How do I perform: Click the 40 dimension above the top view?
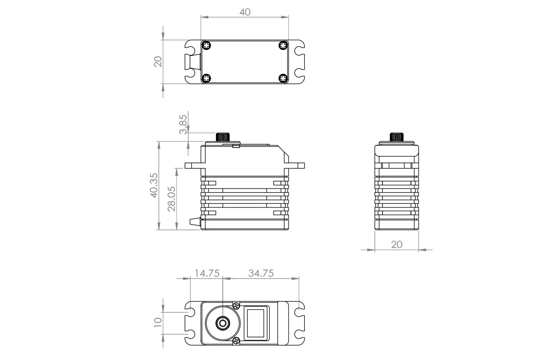[245, 12]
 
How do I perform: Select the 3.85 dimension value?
[183, 125]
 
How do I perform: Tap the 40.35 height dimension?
[153, 186]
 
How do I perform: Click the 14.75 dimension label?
[207, 273]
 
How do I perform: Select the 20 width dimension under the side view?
[396, 244]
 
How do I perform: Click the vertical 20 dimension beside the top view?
[158, 62]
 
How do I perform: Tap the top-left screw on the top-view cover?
[206, 45]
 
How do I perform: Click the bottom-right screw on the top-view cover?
[283, 78]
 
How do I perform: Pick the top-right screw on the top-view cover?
[283, 45]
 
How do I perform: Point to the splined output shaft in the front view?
[223, 137]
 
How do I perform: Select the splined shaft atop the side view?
[396, 137]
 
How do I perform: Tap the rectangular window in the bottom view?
[257, 322]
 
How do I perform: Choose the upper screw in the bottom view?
[236, 306]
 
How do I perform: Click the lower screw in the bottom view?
[236, 340]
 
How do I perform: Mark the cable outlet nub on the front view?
[194, 221]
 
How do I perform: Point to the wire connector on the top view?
[193, 62]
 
